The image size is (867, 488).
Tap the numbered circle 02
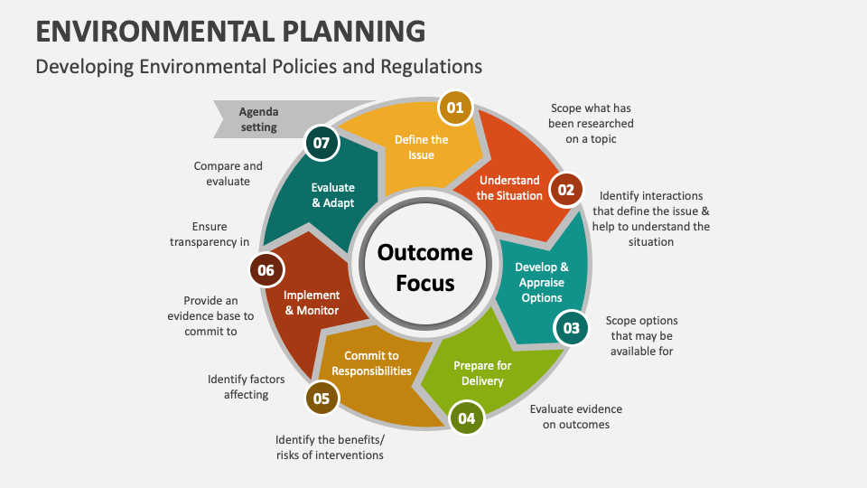pos(565,190)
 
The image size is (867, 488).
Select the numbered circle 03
pos(571,328)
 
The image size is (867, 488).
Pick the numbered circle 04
pos(466,418)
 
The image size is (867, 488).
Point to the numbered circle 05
pos(321,398)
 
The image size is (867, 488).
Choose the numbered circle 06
pos(266,270)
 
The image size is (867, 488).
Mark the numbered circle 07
pos(321,142)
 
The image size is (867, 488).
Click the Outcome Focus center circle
pos(424,267)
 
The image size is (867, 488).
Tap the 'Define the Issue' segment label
pos(421,147)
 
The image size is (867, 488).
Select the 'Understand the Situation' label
pos(509,188)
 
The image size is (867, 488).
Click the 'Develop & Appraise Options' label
pos(542,282)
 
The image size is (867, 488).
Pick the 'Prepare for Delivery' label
pos(482,372)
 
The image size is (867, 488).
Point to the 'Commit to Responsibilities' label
pos(371,363)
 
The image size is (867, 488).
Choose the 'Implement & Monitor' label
pos(312,303)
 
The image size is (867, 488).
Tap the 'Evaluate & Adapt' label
pos(332,195)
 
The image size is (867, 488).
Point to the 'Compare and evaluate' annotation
pos(228,174)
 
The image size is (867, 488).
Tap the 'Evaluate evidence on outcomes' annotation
pos(576,417)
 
